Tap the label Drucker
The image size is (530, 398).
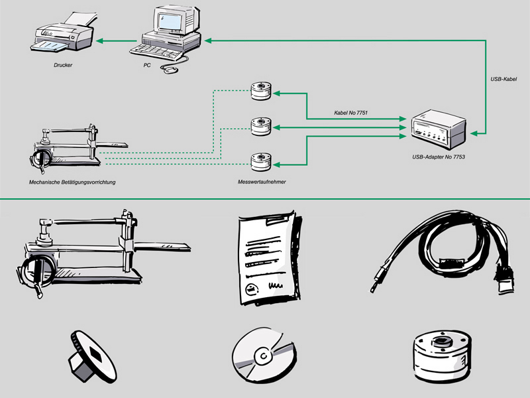tap(63, 66)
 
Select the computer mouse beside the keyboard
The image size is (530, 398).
tap(171, 69)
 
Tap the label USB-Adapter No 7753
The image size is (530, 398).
tap(438, 157)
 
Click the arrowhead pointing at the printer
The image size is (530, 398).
tap(99, 42)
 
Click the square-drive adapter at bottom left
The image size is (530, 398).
tap(89, 356)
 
